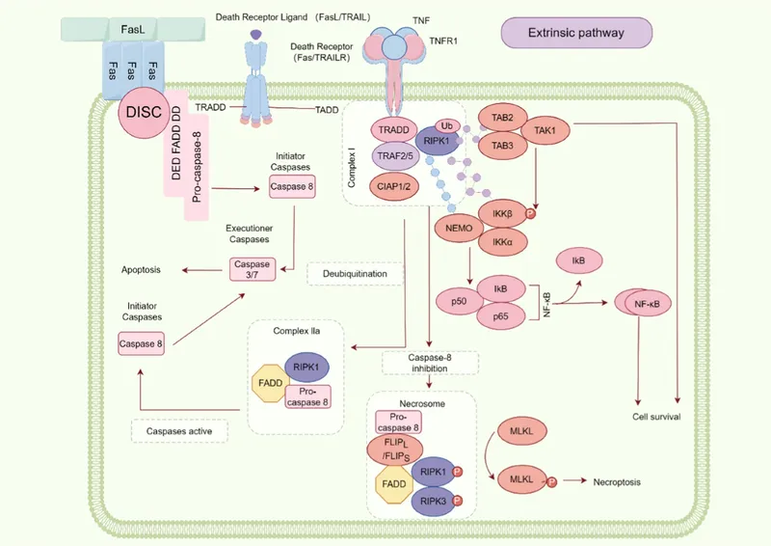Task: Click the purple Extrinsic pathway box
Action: pos(575,33)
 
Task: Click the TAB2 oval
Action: pos(502,118)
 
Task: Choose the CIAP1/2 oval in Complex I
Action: pos(396,187)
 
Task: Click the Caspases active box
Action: pos(178,430)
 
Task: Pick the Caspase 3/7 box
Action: pos(253,268)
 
